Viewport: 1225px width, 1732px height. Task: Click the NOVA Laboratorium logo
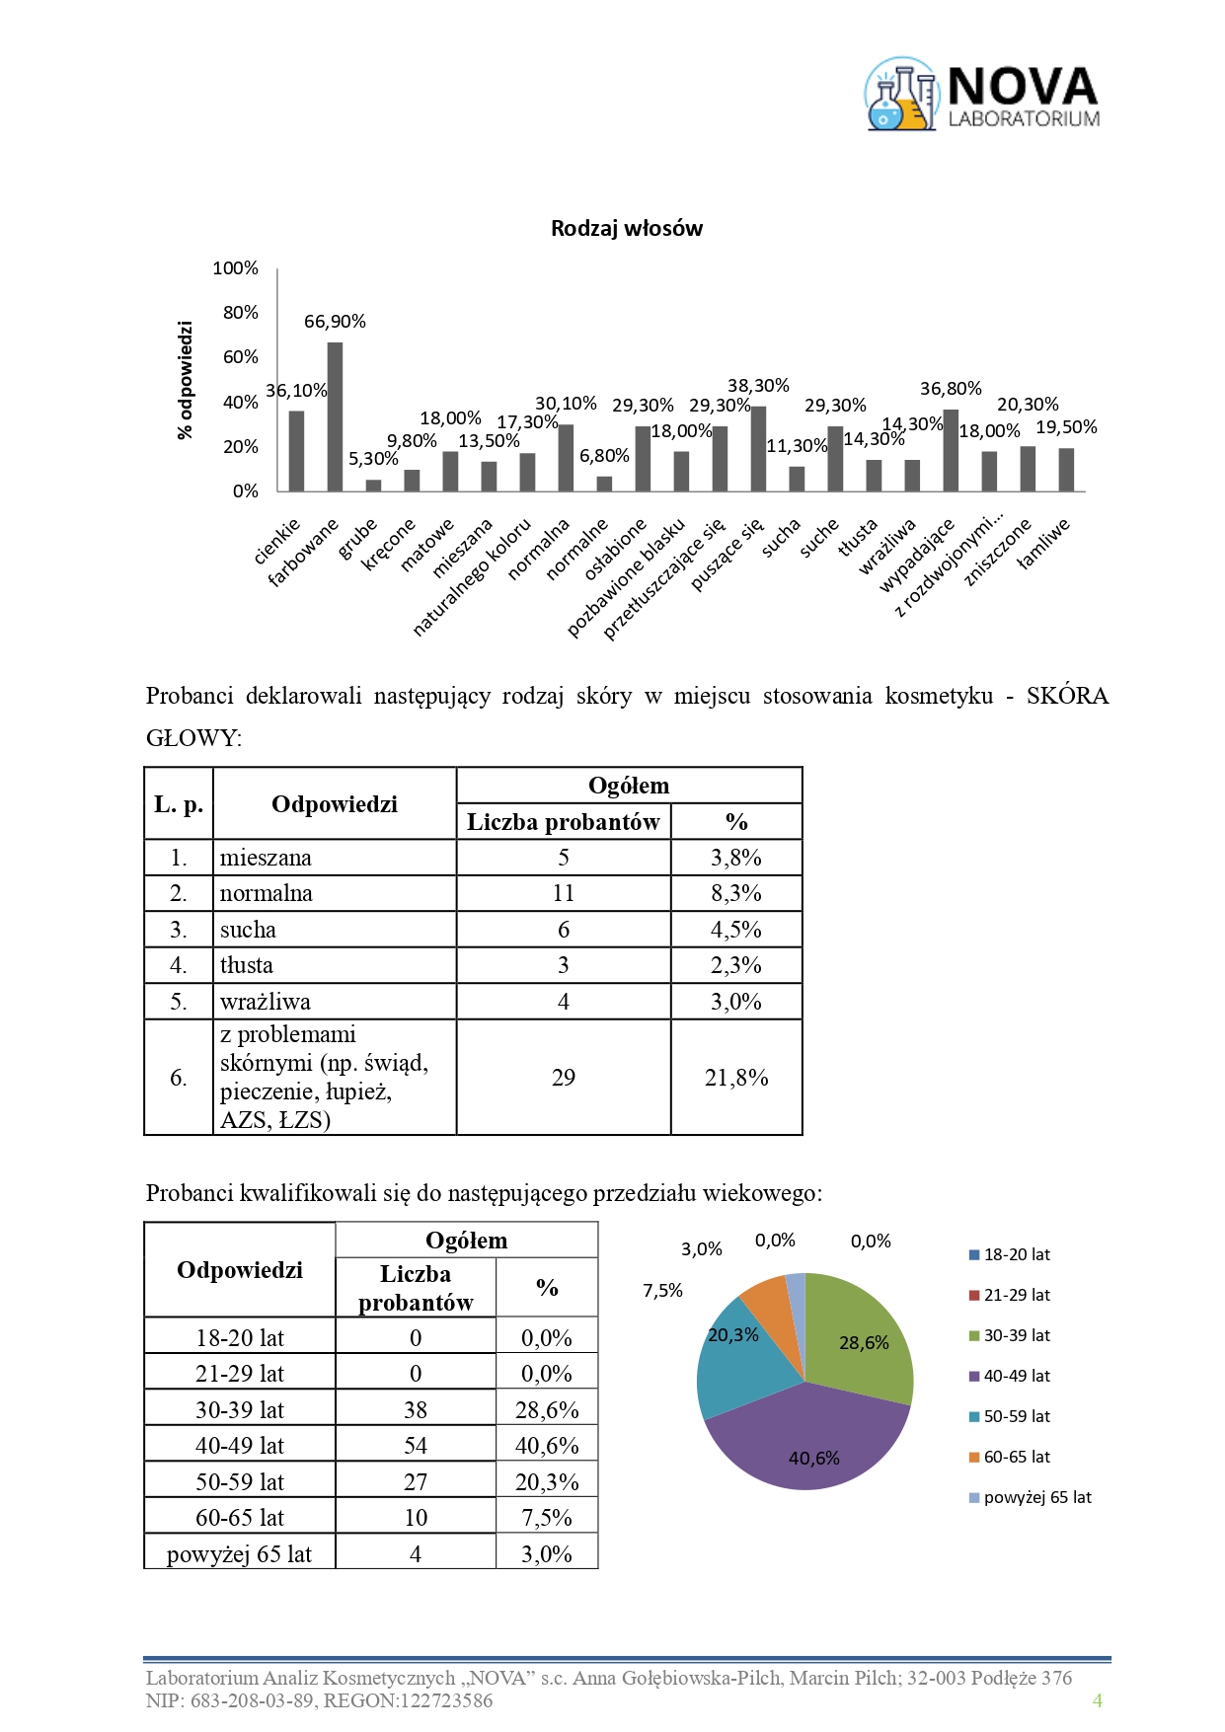coord(981,95)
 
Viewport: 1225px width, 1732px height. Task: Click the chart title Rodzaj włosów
coord(626,229)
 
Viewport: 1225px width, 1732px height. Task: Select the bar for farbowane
coord(335,416)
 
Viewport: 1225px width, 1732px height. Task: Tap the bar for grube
coord(373,485)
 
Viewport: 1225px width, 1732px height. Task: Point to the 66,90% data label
coord(335,322)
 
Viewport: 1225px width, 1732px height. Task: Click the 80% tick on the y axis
coord(241,313)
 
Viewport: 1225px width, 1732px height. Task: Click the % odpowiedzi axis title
coord(186,380)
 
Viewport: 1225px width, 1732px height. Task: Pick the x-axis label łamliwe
coord(1043,544)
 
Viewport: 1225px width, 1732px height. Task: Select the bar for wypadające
coord(951,450)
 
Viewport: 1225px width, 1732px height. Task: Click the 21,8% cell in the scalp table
coord(736,1078)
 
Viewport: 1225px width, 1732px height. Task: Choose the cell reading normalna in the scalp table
coord(267,894)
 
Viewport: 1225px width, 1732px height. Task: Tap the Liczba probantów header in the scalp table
coord(563,822)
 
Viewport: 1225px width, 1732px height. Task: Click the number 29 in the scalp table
coord(563,1078)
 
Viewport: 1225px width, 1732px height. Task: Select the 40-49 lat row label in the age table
coord(240,1446)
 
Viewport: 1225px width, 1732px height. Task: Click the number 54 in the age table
coord(416,1446)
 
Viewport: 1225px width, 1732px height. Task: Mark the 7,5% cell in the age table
coord(547,1518)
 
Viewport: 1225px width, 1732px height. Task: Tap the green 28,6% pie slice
coord(859,1332)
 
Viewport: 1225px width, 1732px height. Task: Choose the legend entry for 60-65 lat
coord(1016,1458)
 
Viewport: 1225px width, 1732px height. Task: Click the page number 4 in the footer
coord(1097,1700)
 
